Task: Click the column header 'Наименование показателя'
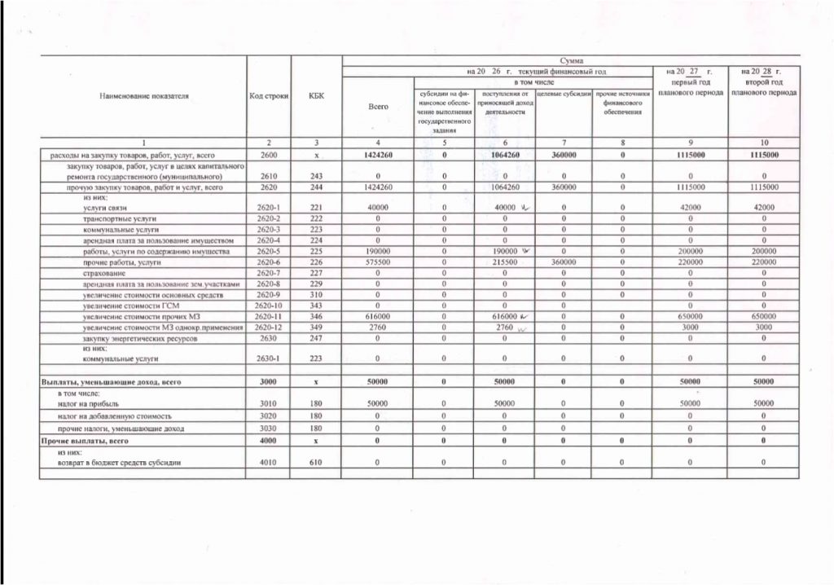pos(144,96)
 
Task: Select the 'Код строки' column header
pos(268,96)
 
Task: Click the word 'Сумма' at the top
pos(570,61)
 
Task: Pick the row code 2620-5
pos(268,253)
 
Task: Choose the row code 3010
pos(268,402)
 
